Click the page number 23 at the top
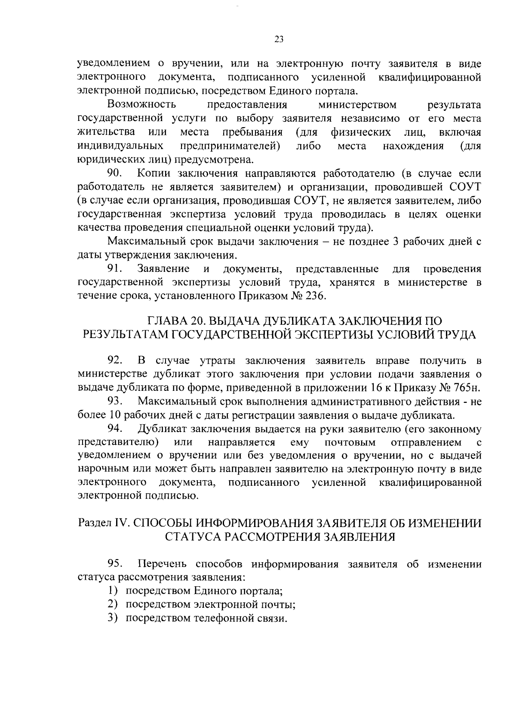coord(279,40)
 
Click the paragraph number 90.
coord(116,174)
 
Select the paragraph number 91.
coord(116,269)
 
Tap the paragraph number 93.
coord(116,402)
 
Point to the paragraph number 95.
coord(116,563)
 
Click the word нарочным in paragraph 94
coord(104,469)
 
